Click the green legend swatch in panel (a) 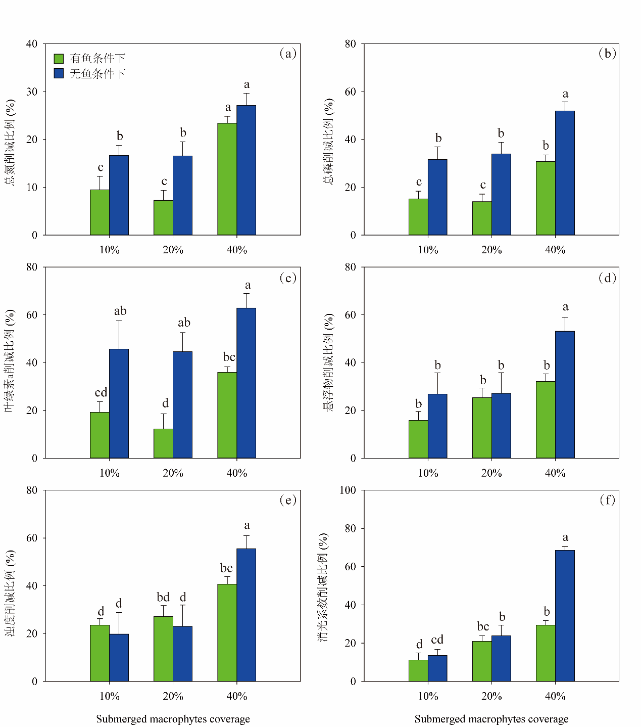[59, 59]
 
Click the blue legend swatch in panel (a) [59, 73]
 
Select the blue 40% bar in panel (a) [246, 170]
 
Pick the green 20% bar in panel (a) [163, 217]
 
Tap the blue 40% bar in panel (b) [565, 173]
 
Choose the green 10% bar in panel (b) [418, 217]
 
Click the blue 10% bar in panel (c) [119, 403]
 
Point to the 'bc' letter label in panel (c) [229, 357]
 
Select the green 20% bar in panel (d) [482, 428]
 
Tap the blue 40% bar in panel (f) [565, 616]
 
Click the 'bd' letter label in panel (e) [163, 597]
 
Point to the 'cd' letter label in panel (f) [437, 640]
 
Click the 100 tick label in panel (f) [348, 490]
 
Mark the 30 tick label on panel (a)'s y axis [32, 92]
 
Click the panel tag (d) [607, 278]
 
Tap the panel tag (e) [288, 500]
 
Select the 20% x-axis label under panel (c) [173, 473]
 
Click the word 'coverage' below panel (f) [548, 719]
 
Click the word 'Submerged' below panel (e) [119, 719]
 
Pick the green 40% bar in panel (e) [227, 632]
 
